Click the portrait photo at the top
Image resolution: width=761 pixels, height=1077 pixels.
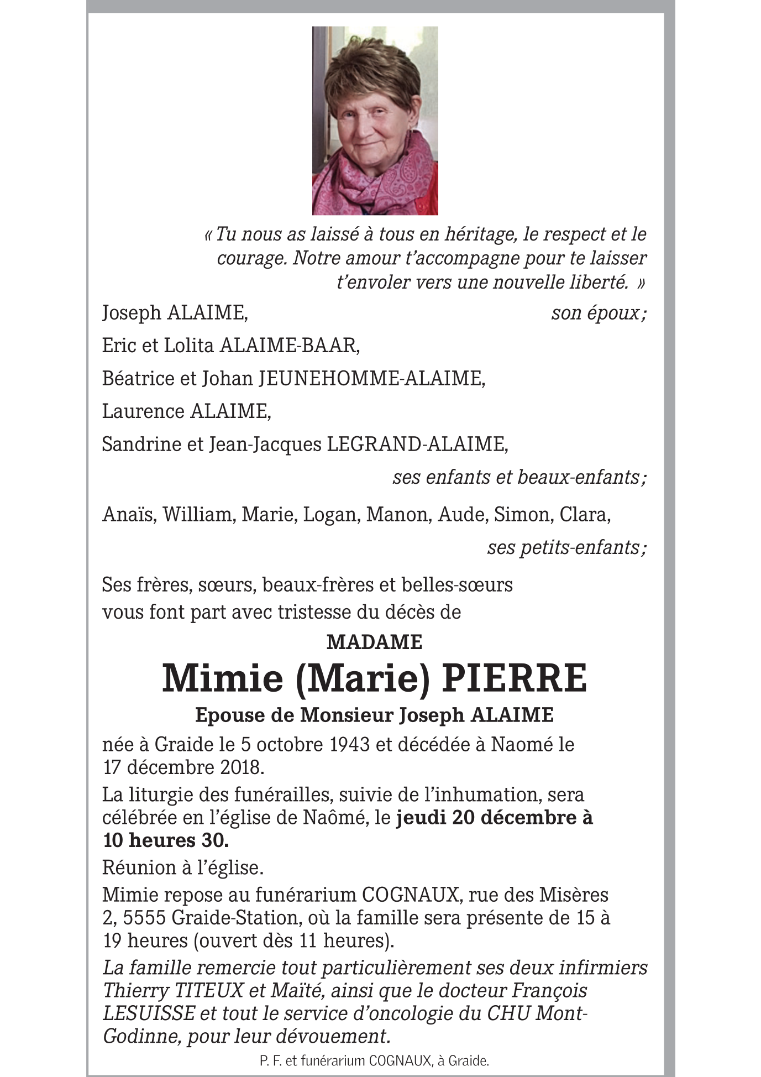375,120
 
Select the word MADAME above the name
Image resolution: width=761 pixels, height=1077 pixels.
374,642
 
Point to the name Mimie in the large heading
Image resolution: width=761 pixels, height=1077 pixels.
222,678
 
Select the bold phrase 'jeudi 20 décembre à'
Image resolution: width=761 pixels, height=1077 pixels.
494,817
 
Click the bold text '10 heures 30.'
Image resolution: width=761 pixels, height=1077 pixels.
166,840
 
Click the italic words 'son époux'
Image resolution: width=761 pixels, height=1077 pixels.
597,313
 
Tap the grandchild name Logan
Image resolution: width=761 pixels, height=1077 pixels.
330,515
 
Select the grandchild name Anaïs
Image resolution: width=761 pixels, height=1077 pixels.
130,515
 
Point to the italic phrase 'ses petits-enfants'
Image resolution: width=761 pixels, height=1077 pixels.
565,547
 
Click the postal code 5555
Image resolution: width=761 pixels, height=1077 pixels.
144,918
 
